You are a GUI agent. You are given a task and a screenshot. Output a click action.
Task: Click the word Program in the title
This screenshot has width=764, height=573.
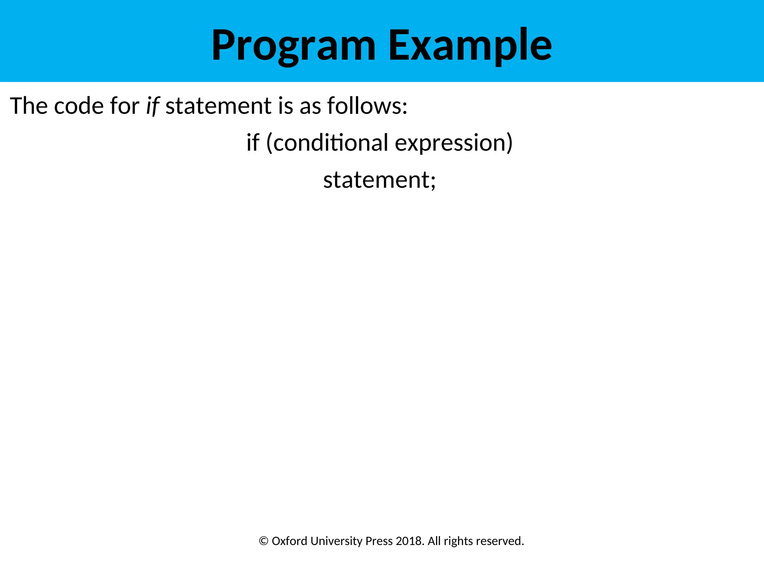294,46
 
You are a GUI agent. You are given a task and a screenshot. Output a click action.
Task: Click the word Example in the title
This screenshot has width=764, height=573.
470,46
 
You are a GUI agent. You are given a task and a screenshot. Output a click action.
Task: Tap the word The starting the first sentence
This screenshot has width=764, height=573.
29,106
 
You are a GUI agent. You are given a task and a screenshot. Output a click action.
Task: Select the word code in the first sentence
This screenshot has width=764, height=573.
78,106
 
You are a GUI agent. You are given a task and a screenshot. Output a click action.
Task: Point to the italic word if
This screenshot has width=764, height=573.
152,106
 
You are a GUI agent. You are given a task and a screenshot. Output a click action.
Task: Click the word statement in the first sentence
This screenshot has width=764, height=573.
218,106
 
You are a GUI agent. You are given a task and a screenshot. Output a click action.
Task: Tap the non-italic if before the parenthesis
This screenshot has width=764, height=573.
253,143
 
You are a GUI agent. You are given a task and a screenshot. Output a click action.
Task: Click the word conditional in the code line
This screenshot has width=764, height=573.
331,143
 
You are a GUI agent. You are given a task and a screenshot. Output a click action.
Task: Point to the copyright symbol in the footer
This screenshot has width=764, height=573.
263,541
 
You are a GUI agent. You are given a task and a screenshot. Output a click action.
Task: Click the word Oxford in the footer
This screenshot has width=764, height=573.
289,541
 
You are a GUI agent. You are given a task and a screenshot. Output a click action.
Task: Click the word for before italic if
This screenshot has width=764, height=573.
124,106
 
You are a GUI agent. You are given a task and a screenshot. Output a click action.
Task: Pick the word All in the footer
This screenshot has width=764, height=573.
434,541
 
